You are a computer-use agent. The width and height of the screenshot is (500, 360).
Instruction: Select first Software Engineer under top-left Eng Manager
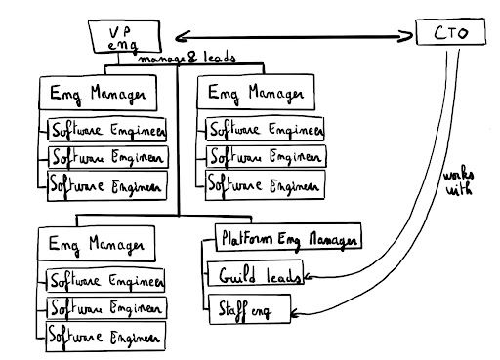pos(106,130)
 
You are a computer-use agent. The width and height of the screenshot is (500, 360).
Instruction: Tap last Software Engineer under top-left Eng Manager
pos(106,182)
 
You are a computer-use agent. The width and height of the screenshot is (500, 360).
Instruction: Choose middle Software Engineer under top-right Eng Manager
pos(265,156)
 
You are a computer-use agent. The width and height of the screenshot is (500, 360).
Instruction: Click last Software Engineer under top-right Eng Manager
pos(265,182)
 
